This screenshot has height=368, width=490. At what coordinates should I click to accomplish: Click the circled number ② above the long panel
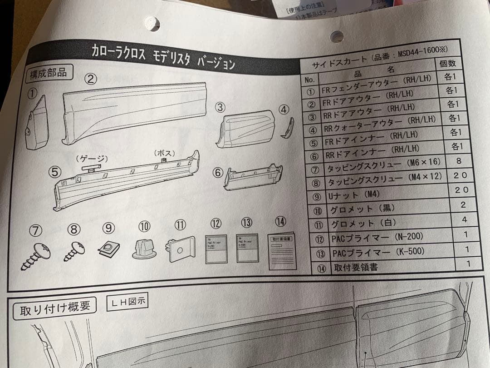click(91, 79)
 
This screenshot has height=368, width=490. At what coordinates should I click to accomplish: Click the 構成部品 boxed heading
click(48, 73)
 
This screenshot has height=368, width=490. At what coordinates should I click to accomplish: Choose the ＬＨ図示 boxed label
click(127, 301)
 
